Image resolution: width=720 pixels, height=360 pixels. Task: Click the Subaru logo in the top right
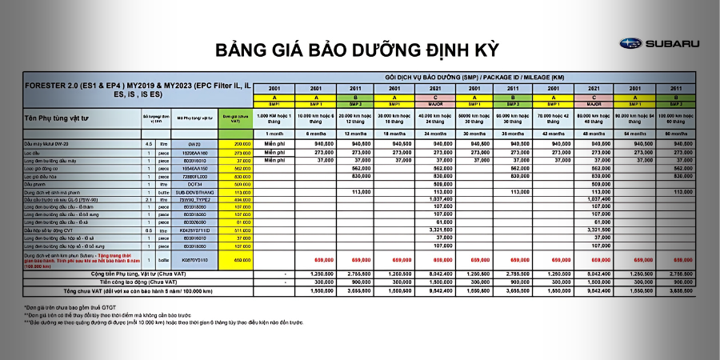[x=660, y=43]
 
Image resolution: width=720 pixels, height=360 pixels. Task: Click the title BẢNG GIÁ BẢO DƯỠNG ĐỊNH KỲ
[x=357, y=50]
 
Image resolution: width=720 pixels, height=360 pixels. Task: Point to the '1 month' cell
[x=274, y=134]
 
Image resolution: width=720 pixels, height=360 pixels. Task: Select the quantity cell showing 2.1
[x=148, y=200]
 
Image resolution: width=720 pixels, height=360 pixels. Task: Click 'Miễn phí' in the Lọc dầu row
[x=274, y=152]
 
